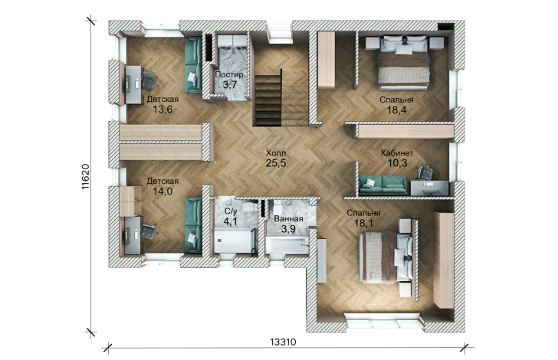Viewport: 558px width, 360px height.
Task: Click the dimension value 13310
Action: pos(283,342)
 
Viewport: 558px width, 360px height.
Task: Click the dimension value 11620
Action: pos(85,176)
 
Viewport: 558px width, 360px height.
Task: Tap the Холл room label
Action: pos(276,153)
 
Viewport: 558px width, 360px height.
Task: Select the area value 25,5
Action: pos(276,163)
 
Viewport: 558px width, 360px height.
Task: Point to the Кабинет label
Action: pos(397,153)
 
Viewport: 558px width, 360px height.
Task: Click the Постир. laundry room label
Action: pos(231,75)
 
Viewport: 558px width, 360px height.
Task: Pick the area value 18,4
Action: pos(397,110)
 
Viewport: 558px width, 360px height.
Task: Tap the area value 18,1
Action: pos(363,224)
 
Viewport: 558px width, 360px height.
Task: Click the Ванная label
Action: pos(289,219)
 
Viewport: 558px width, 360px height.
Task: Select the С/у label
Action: pos(230,211)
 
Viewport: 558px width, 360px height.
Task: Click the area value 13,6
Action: pos(162,110)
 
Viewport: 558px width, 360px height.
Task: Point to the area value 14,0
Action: pos(162,191)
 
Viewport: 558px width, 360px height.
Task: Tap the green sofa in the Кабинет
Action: pos(382,185)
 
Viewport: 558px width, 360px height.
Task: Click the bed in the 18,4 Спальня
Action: pos(404,62)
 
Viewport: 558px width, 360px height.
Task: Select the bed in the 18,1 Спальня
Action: pos(385,256)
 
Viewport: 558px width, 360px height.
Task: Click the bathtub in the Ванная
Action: pos(287,246)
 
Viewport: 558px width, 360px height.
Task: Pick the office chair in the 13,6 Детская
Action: pos(149,80)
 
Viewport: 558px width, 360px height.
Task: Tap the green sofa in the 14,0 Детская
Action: pos(193,225)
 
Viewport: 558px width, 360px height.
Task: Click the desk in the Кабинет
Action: pos(430,188)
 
